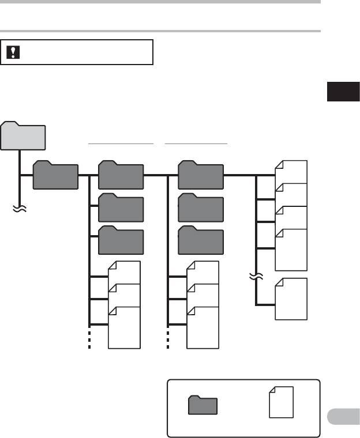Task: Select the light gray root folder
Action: tap(24, 136)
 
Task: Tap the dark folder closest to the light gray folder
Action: tap(55, 175)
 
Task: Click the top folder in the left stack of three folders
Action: tap(121, 175)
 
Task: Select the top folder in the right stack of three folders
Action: tap(200, 175)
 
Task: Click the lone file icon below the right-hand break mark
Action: tap(291, 299)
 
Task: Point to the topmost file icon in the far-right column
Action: tap(291, 172)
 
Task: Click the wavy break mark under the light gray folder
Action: tap(21, 210)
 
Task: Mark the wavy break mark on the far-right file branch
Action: tap(256, 277)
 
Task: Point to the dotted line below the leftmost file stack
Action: tap(89, 340)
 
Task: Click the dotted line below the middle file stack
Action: tap(168, 340)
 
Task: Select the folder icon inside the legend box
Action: tap(202, 405)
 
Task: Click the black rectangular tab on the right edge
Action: tap(336, 92)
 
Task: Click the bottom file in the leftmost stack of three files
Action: tap(124, 327)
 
